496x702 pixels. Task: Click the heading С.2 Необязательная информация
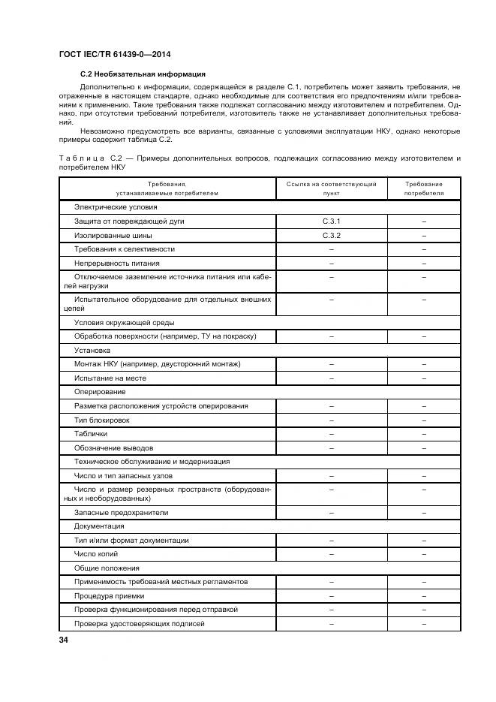tap(143, 74)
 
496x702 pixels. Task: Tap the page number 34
tap(64, 640)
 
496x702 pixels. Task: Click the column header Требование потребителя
tap(423, 188)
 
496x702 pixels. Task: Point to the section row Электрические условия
tap(115, 206)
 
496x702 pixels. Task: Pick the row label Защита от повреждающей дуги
tap(129, 221)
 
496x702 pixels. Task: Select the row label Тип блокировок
tap(102, 420)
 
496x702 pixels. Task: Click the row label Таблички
tap(91, 434)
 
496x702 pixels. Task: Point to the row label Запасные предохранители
tap(121, 512)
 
